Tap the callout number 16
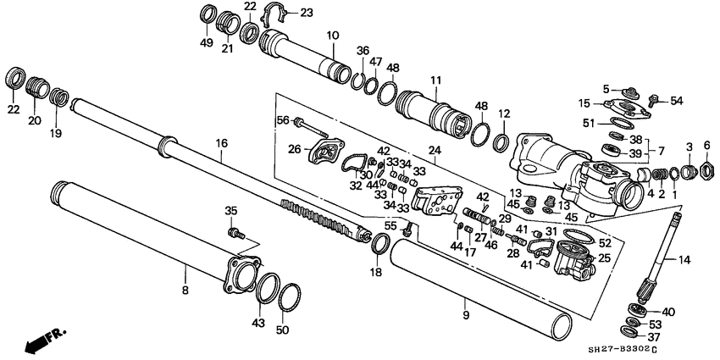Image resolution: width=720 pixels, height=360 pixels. pyautogui.click(x=222, y=145)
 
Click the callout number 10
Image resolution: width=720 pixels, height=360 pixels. pyautogui.click(x=332, y=36)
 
